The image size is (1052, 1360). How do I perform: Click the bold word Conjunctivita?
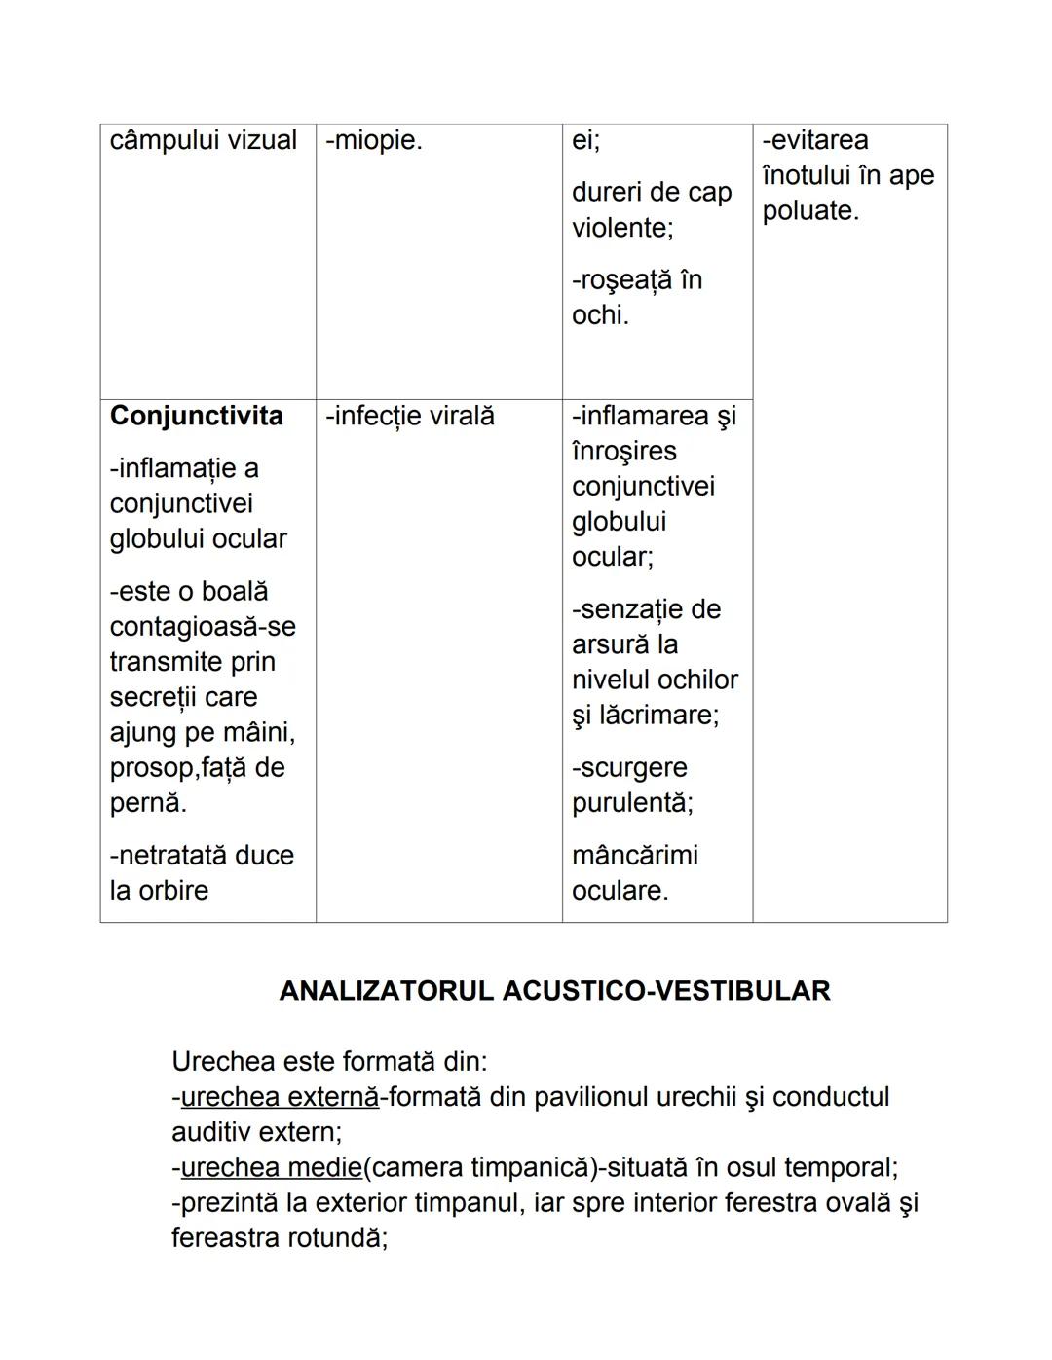(x=196, y=416)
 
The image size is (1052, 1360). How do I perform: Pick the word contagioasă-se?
(x=203, y=627)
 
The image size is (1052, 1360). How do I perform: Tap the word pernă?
(x=147, y=803)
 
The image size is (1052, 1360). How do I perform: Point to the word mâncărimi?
(x=635, y=856)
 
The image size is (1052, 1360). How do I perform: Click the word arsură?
(x=612, y=644)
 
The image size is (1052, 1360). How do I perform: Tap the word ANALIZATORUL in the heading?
(x=387, y=991)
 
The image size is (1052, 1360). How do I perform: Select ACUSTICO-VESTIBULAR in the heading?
(x=666, y=991)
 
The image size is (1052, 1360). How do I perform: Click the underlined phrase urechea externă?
(x=280, y=1097)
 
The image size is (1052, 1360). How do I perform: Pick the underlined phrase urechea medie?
(x=271, y=1167)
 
